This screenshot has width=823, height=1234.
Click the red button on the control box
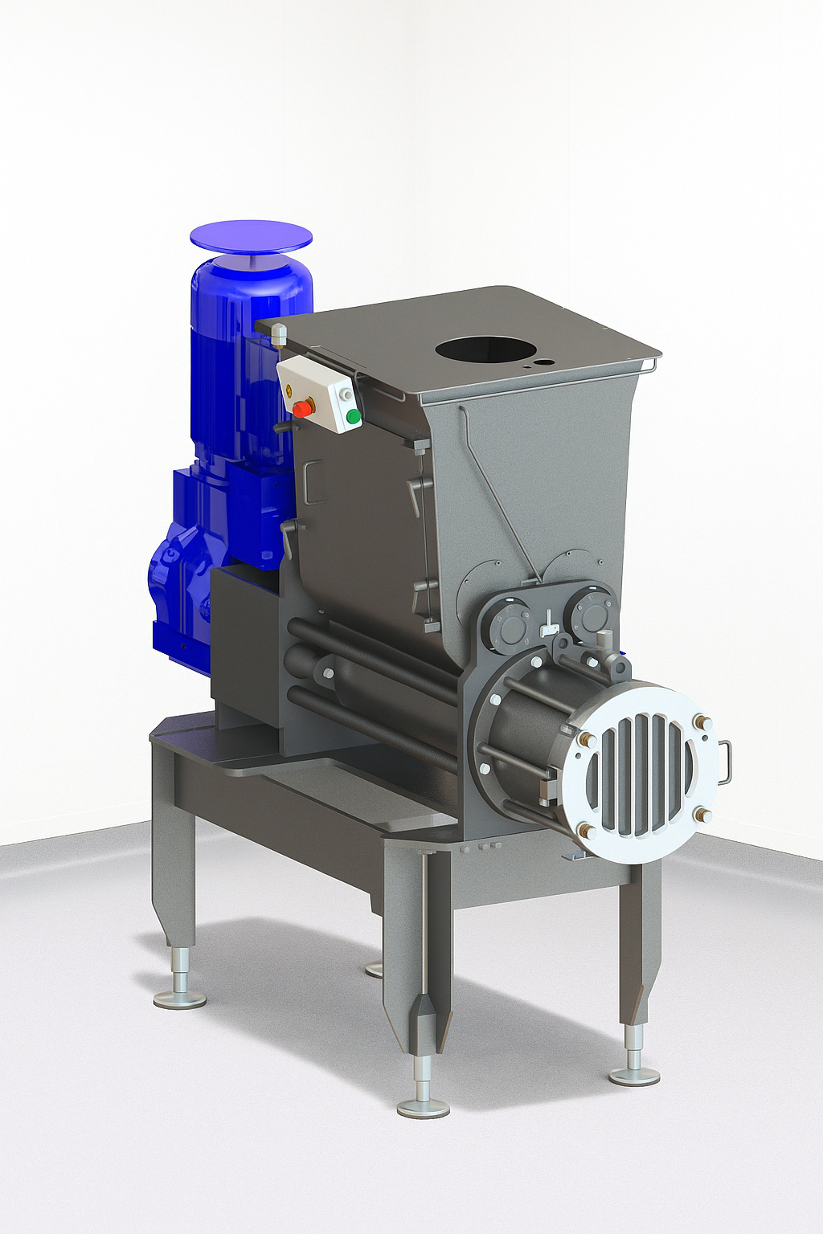[x=303, y=408]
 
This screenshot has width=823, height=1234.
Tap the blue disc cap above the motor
[x=251, y=235]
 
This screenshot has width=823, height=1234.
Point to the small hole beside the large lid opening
[x=547, y=362]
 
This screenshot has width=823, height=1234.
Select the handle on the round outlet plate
[x=725, y=761]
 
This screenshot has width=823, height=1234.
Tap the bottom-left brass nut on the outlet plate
[x=585, y=831]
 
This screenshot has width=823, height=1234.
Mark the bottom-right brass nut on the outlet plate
[x=704, y=815]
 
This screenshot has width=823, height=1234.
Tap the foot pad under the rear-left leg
[x=180, y=999]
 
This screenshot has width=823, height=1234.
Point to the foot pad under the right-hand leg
[x=634, y=1076]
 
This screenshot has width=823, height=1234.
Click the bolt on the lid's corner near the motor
[x=279, y=332]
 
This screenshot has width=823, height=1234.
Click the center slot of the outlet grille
[x=641, y=774]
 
